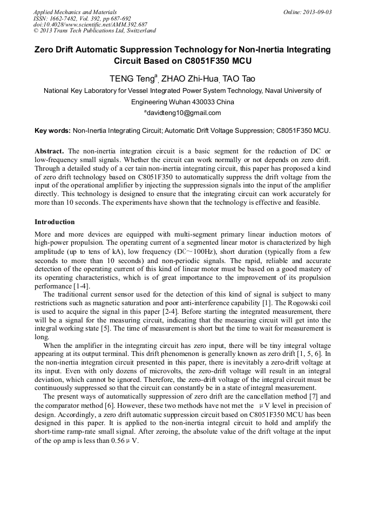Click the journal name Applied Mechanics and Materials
pyautogui.click(x=74, y=11)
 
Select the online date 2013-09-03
pyautogui.click(x=318, y=11)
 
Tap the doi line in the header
pyautogui.click(x=90, y=24)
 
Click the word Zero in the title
pyautogui.click(x=45, y=49)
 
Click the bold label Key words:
pyautogui.click(x=52, y=131)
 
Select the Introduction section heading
pyautogui.click(x=55, y=222)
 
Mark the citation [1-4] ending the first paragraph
pyautogui.click(x=81, y=286)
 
